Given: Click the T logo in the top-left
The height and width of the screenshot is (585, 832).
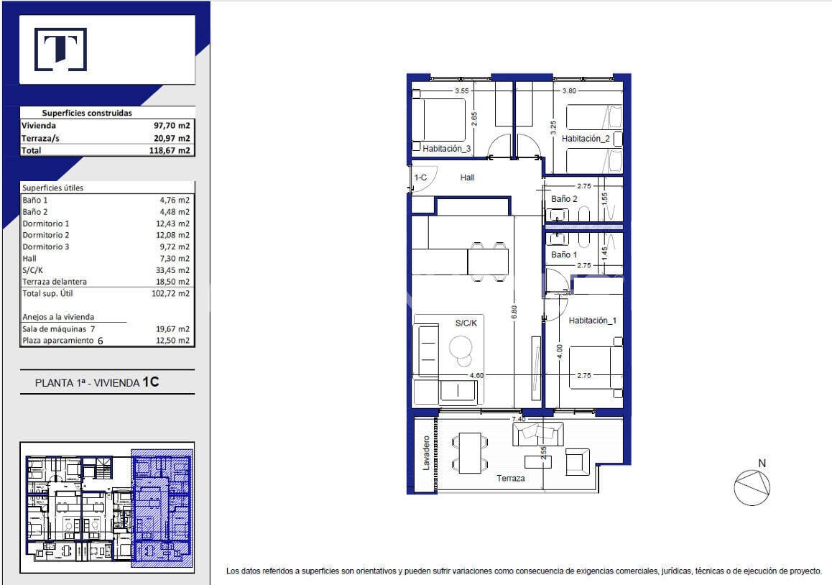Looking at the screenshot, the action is click(60, 50).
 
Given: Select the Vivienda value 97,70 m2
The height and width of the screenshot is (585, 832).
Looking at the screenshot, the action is click(172, 126).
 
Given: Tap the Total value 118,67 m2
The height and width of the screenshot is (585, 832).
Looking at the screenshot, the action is click(170, 150).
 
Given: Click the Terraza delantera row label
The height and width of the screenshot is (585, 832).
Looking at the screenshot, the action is click(55, 282).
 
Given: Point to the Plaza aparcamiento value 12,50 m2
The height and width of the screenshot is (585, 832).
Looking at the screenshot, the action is click(172, 341).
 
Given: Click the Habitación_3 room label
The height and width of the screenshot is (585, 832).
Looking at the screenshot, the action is click(446, 149).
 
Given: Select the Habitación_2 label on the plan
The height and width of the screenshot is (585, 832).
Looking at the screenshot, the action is click(586, 139).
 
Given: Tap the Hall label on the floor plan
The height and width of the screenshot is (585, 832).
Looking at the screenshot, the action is click(467, 178).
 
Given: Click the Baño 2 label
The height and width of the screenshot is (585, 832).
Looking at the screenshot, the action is click(564, 199).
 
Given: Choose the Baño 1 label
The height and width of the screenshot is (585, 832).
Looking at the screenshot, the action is click(563, 255).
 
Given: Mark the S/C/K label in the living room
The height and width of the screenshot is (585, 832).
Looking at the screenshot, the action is click(466, 323).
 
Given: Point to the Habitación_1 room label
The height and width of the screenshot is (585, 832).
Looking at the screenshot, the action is click(593, 321).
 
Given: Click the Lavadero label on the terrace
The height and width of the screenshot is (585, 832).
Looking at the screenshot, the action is click(426, 453).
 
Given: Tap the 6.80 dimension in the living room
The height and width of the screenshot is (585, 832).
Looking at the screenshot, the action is click(514, 312).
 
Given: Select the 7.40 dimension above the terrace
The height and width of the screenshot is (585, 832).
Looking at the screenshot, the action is click(519, 419).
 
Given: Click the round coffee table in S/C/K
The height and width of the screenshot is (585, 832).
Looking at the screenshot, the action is click(461, 349).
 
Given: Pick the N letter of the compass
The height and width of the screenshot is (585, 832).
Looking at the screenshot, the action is click(762, 464).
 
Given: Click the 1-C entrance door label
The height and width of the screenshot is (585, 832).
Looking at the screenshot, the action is click(421, 178).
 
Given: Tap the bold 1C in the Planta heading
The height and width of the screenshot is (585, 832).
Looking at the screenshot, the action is click(151, 382).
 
